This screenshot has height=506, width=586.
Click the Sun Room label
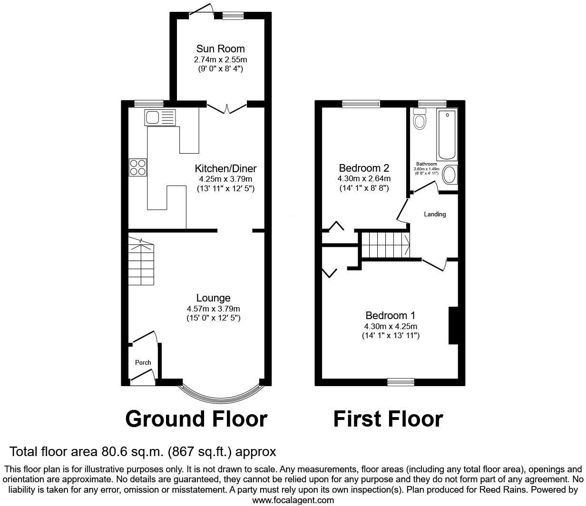[x=220, y=49]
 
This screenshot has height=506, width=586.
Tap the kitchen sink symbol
[x=161, y=117]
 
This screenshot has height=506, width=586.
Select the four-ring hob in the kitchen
[x=138, y=167]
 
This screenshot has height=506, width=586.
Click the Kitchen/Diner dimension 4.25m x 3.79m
[x=225, y=179]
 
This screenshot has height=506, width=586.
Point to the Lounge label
[x=214, y=298]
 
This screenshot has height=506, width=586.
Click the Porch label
[x=143, y=362]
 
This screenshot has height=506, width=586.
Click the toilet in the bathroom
[x=420, y=119]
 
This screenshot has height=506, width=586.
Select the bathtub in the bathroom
[x=447, y=135]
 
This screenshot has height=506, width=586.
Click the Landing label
[x=435, y=214]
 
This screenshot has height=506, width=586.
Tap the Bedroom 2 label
[x=364, y=168]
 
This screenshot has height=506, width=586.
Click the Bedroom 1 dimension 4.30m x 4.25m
[x=390, y=326]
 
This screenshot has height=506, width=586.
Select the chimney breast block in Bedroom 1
[x=453, y=325]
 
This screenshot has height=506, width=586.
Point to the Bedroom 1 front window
[x=400, y=381]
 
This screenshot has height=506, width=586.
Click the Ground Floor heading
[x=196, y=419]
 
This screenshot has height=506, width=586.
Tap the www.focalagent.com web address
[x=293, y=500]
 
